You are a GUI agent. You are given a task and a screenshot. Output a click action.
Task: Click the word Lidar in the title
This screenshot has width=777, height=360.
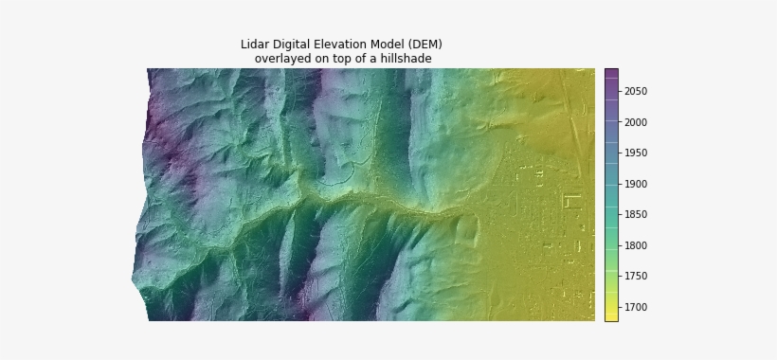click(254, 45)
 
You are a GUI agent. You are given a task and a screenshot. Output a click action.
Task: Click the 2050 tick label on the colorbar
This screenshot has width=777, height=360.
click(636, 92)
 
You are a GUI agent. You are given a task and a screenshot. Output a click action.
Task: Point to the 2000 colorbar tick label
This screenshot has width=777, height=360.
click(636, 122)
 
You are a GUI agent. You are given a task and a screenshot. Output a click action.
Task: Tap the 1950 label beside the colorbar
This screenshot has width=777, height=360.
click(636, 153)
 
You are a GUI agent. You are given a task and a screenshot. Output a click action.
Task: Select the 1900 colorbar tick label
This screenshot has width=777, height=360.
click(636, 184)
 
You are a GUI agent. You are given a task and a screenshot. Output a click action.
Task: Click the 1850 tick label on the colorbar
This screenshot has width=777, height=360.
click(636, 215)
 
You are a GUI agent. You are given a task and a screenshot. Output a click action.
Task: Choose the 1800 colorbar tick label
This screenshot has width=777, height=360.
click(636, 245)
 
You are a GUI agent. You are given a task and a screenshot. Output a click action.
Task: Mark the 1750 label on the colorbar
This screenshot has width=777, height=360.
click(636, 277)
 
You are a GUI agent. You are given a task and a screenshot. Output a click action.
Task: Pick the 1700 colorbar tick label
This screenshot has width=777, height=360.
click(636, 307)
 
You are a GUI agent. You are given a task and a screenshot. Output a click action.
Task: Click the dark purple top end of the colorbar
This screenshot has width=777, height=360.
click(611, 72)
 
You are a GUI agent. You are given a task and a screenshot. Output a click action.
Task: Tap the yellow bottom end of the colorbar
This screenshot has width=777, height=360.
click(611, 316)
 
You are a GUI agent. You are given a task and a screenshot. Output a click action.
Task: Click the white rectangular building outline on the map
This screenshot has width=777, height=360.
click(571, 201)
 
